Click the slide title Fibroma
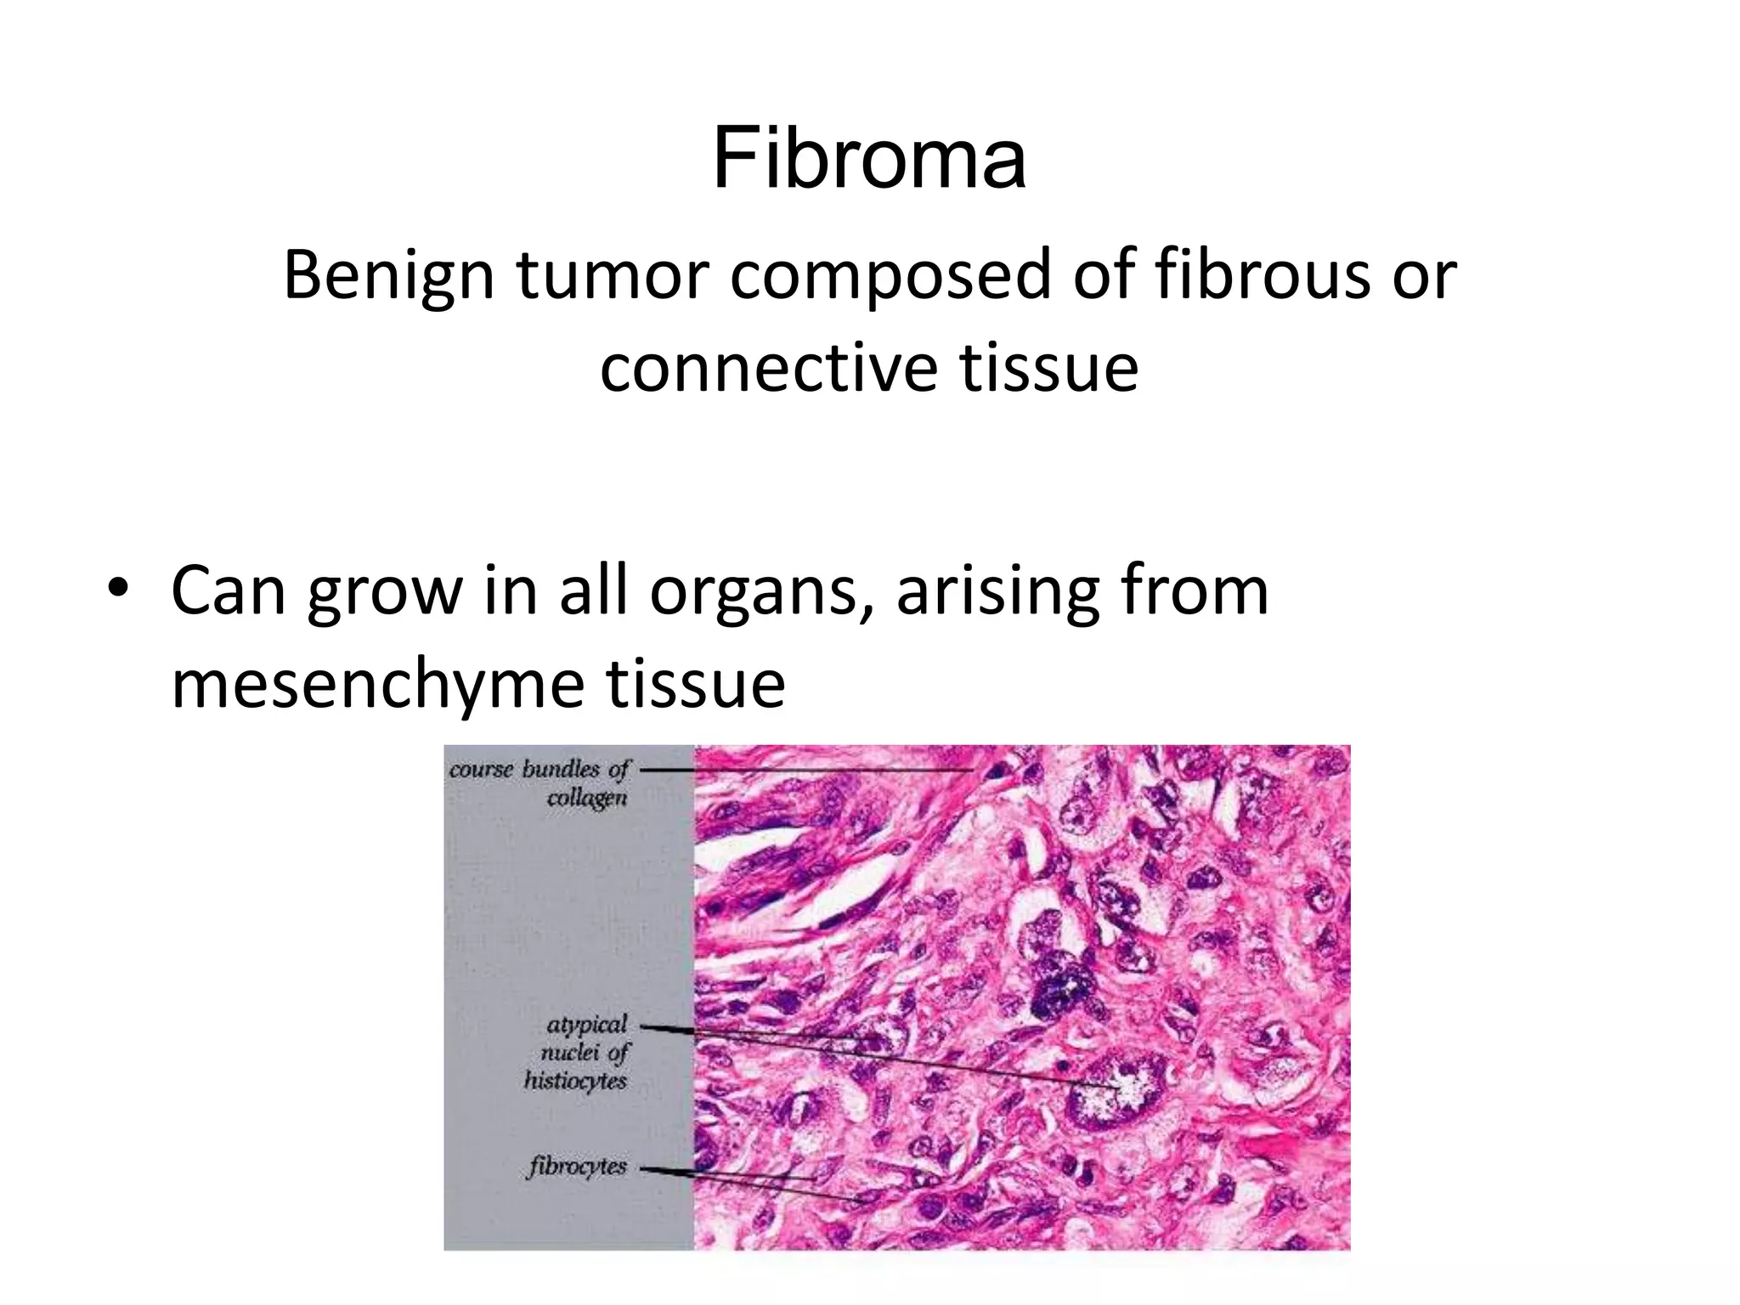869,159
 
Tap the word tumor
613,275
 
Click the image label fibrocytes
577,1167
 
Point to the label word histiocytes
575,1081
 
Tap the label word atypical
586,1025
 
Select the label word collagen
587,799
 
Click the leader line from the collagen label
807,770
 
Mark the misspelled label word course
481,770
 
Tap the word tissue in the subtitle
1048,368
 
